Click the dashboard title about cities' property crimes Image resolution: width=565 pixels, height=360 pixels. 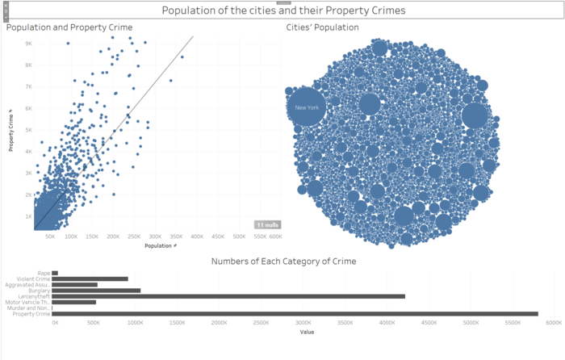tap(283, 11)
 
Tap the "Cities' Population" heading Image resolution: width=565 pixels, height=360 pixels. tap(322, 27)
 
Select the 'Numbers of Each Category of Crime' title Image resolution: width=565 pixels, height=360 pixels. tap(283, 262)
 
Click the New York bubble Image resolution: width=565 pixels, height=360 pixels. tap(307, 108)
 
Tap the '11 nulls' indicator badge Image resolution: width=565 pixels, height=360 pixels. tap(267, 224)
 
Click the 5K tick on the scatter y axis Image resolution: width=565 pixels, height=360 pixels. tap(27, 130)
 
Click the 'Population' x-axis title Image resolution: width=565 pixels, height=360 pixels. tap(161, 245)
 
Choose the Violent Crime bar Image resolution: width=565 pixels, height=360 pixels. tap(90, 279)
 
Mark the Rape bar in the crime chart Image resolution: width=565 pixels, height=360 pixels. tap(55, 273)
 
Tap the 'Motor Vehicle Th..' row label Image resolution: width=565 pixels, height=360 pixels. tap(27, 302)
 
